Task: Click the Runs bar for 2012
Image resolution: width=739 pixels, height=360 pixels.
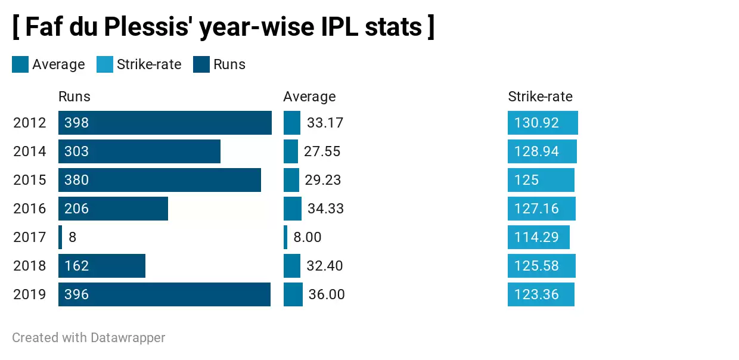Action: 165,123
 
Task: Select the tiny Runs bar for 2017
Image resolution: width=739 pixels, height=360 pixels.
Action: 60,237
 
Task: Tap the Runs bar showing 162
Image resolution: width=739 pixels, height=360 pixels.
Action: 102,266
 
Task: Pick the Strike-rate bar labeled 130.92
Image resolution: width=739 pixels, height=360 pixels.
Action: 543,123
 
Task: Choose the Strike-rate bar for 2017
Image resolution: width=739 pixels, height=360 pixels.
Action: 539,237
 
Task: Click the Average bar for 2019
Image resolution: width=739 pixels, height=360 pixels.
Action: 293,294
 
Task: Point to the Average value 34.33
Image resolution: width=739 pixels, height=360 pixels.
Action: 325,209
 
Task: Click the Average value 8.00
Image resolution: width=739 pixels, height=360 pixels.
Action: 308,237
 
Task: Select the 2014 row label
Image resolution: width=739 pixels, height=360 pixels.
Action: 30,151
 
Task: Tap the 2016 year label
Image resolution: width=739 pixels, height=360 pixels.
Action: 30,209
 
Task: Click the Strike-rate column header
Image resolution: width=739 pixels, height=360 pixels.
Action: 540,97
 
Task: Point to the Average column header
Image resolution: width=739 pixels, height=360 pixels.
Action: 309,97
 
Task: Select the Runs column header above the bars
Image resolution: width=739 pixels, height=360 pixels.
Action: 74,97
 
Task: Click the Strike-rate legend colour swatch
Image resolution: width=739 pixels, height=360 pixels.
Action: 105,64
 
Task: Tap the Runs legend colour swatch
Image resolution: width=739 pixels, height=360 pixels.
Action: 201,64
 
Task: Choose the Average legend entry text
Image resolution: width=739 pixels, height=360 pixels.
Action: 58,64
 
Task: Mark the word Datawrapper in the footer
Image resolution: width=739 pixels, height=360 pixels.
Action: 128,338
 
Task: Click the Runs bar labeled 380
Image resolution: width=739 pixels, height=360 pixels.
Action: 160,180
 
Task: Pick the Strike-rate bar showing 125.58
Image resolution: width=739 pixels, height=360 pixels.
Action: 542,266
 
